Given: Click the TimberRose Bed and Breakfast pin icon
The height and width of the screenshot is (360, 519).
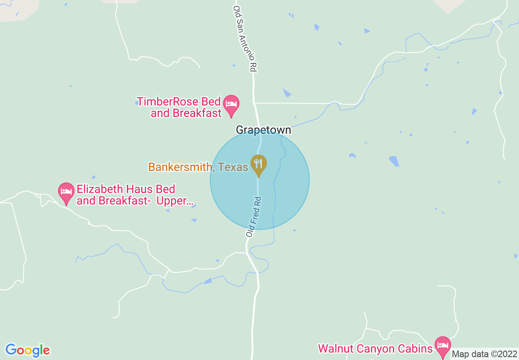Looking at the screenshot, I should point(231,105).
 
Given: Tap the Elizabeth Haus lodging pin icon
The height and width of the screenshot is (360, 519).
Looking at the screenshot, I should point(66,193).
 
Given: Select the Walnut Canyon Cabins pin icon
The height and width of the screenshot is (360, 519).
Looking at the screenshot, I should point(442,346).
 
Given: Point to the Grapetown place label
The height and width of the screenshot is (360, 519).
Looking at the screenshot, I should point(263,130).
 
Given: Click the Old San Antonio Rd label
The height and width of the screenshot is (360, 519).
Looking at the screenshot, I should point(245,39).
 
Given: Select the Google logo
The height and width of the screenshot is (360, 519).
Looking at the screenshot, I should point(27,350).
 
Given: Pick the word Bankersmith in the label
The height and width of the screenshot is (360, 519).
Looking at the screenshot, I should point(180,167).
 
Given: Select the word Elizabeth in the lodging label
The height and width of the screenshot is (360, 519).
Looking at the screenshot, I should point(101,189).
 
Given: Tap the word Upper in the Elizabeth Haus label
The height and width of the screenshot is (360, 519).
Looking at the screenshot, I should point(174,201).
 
